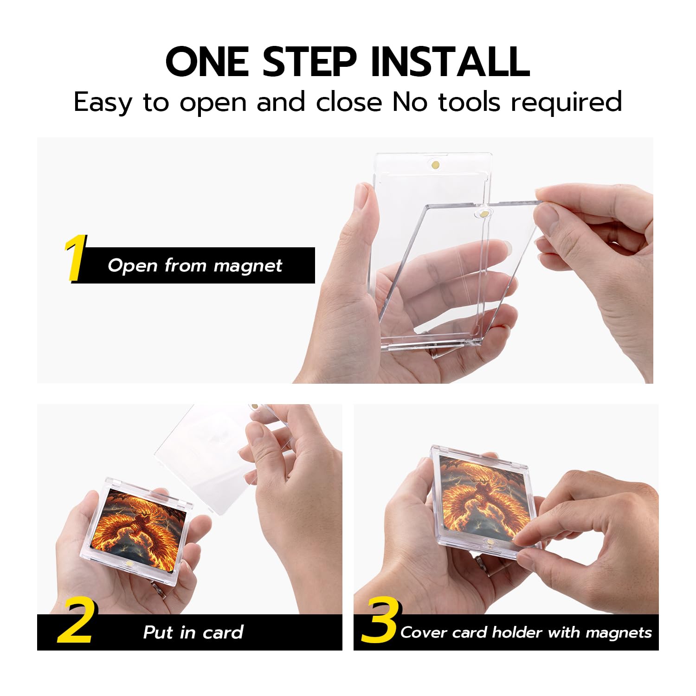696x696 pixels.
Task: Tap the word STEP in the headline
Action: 309,62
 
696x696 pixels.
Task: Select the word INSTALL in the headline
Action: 451,62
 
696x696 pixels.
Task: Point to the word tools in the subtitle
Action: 469,102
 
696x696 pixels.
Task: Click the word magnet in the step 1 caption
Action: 247,266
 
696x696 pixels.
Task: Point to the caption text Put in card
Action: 193,632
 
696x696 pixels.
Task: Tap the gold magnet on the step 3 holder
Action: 487,541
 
